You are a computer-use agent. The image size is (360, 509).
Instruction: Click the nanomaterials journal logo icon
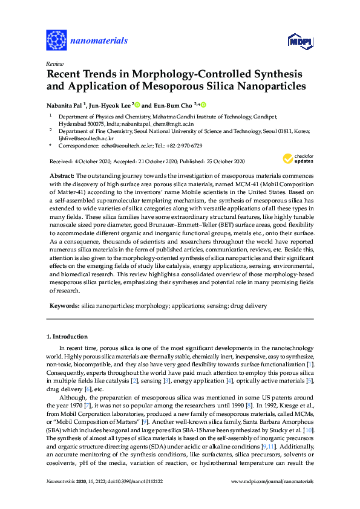(56, 41)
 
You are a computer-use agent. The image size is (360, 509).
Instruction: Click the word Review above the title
(54, 63)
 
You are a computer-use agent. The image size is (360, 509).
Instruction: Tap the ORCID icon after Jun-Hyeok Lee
(137, 104)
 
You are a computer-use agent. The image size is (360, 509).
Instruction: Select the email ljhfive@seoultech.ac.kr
(85, 137)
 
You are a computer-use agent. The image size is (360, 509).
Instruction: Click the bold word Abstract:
(62, 175)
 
